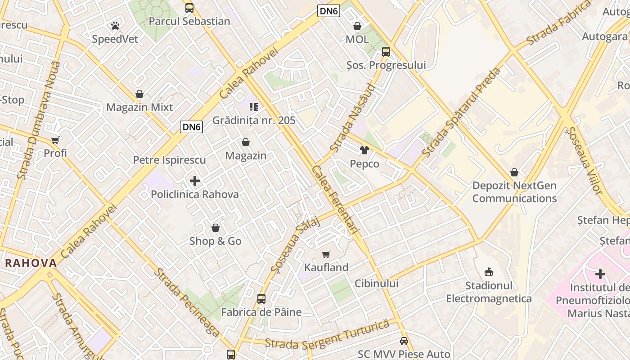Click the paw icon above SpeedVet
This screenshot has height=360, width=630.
pos(115,26)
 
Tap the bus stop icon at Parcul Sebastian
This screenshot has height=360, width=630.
pos(189,8)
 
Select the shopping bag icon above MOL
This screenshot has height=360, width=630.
pos(357,26)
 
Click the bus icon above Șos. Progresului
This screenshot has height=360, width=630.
pos(386,51)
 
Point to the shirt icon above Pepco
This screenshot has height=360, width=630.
pos(364,150)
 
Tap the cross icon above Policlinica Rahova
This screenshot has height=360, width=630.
pos(195,181)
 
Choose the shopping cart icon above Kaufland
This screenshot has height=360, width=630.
pos(326,254)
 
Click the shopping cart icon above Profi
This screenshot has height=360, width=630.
pos(55,140)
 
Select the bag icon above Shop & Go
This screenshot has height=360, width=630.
pos(216,228)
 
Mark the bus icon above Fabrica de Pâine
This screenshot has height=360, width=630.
pos(261,299)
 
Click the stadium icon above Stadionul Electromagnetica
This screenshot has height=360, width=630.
pos(488,272)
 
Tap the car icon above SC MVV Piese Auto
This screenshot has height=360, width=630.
pos(404,341)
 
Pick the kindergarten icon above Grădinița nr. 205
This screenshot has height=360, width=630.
pos(254,107)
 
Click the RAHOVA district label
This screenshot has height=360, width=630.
pos(31,263)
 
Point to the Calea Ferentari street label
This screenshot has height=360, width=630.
pos(335,199)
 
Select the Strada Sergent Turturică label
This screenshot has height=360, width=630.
pos(327,335)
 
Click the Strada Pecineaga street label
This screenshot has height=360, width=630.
pos(187,302)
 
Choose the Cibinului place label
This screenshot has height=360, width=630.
pos(377,283)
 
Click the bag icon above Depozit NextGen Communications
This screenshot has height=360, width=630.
pos(514,172)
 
